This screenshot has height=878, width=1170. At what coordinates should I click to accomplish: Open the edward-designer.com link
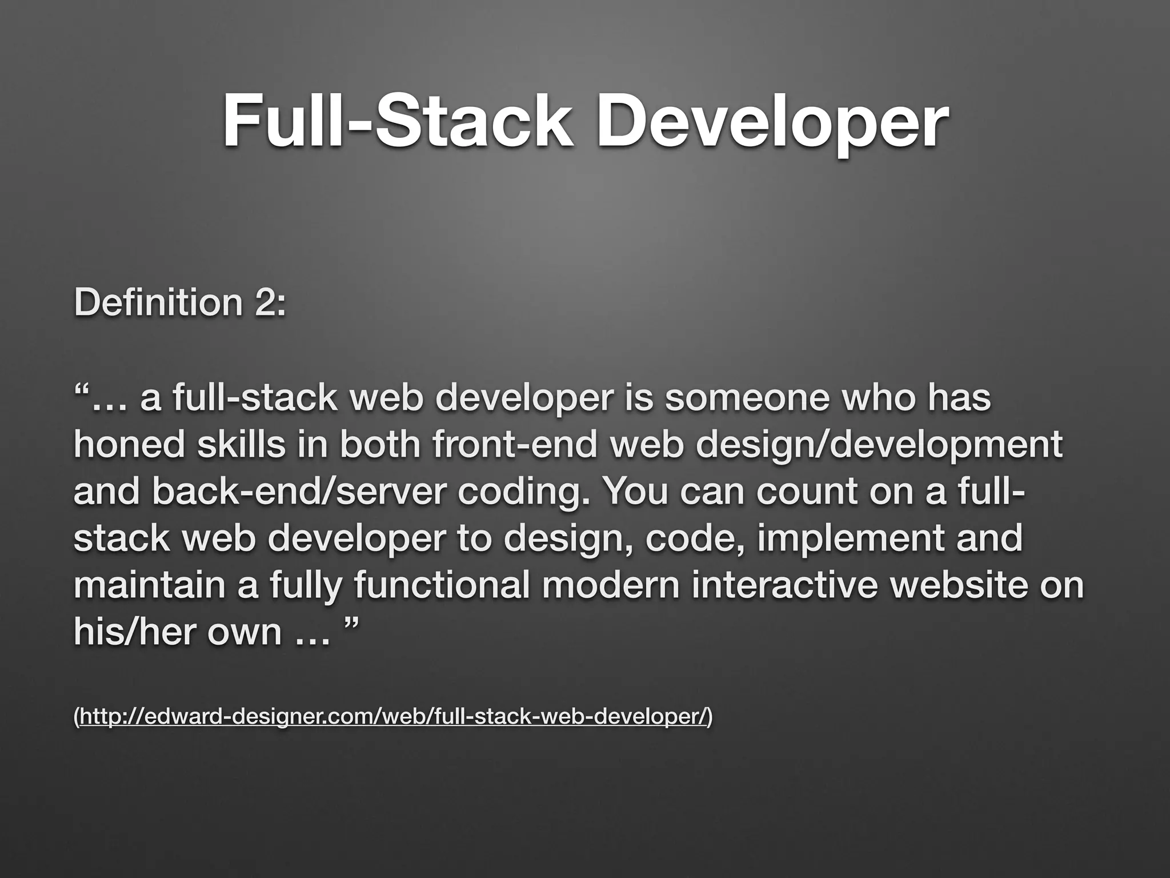[x=393, y=715]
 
